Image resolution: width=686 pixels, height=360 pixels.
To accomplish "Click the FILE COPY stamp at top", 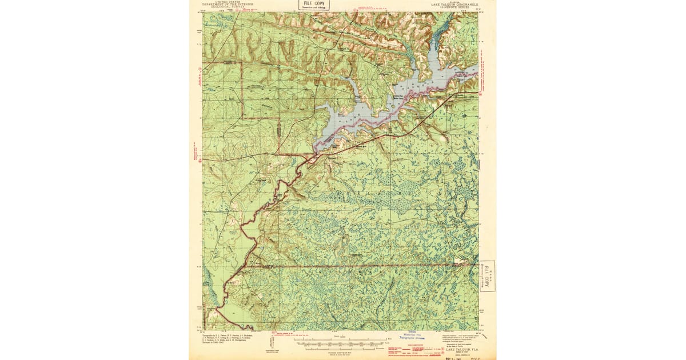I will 314,5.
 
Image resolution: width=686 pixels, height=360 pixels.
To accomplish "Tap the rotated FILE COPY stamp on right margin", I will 487,276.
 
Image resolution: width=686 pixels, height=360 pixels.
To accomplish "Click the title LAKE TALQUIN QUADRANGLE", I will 451,3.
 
